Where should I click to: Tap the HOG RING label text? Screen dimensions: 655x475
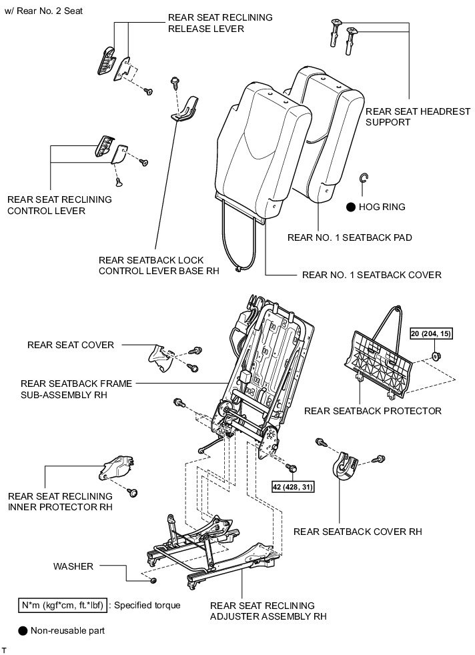point(382,207)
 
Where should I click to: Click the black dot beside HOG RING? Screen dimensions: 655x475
point(350,207)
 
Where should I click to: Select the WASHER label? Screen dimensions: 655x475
point(74,566)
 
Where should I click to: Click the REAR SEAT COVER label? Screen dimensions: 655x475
point(71,345)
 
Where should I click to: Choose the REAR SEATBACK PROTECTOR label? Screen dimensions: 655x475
point(372,411)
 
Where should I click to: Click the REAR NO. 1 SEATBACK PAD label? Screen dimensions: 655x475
point(349,237)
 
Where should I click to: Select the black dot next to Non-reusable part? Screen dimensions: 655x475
point(23,630)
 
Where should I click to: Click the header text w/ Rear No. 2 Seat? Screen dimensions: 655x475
point(43,11)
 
